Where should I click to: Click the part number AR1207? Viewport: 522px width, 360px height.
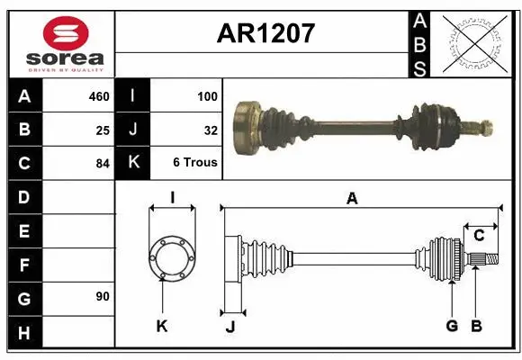[265, 34]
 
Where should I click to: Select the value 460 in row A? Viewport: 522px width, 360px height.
[97, 96]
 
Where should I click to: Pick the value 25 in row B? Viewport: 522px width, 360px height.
[103, 130]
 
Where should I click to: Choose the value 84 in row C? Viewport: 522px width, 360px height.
[103, 163]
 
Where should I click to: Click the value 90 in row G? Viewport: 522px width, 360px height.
[103, 296]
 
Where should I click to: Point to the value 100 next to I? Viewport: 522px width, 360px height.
[206, 96]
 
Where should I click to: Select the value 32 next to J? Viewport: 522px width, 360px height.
[211, 130]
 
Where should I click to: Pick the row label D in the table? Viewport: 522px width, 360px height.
[23, 196]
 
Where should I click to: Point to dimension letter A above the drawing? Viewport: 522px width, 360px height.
[352, 199]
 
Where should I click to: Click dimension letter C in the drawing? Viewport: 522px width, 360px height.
[480, 235]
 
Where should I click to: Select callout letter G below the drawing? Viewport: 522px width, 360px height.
[452, 325]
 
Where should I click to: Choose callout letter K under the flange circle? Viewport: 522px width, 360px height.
[162, 326]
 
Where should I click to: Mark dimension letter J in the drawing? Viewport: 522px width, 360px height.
[229, 326]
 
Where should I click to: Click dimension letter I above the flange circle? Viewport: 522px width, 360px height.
[171, 197]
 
